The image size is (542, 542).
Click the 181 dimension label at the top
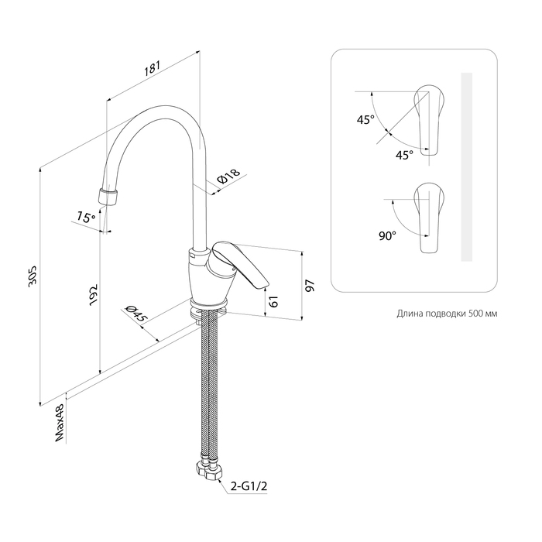click(x=152, y=70)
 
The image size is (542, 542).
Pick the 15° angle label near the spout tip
click(x=86, y=218)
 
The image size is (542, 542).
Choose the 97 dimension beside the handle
click(x=310, y=286)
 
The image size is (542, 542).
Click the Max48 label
click(x=60, y=425)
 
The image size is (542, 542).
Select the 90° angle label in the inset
click(x=388, y=235)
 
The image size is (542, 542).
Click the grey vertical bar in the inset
click(x=465, y=166)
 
